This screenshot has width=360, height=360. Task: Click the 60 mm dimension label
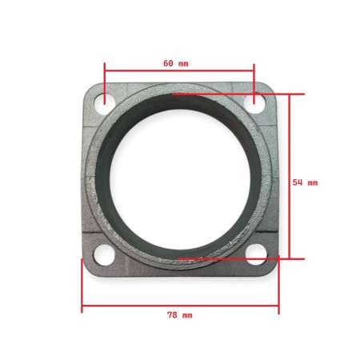[x=176, y=62]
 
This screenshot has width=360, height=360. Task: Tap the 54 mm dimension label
[x=305, y=182]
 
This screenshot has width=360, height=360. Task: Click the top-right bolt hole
[x=255, y=101]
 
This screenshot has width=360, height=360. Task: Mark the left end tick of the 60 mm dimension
[x=105, y=76]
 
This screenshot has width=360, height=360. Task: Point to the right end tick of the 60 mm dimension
[x=254, y=76]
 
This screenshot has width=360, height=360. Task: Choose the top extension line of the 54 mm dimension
[x=240, y=94]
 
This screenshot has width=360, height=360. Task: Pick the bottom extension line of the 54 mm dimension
[x=240, y=258]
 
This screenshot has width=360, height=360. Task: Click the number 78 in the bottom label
[x=171, y=315]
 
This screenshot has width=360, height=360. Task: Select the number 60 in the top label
[x=168, y=62]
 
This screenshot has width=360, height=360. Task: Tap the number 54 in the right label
[x=298, y=182]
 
